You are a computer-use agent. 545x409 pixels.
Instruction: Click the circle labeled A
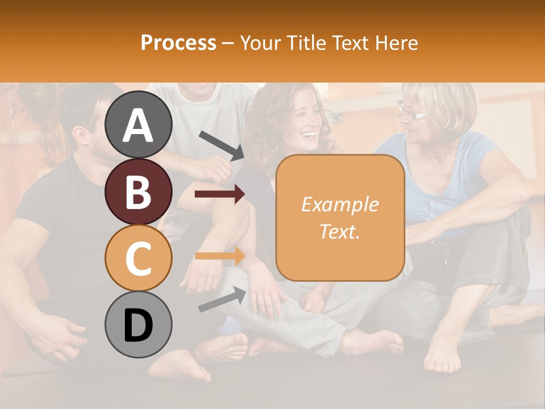(139, 124)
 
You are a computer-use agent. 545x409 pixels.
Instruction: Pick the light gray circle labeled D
(139, 324)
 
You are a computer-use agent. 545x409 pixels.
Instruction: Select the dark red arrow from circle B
(220, 195)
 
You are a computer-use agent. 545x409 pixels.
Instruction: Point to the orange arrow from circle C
(220, 256)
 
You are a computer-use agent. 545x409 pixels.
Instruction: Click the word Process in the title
(178, 43)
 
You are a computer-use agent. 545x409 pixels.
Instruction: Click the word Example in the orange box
(339, 204)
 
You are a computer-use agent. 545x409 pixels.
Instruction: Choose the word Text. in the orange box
(339, 231)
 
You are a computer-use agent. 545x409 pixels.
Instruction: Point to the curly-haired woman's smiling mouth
(309, 135)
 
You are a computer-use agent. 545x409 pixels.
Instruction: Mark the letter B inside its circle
(139, 192)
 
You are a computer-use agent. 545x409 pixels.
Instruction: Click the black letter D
(139, 325)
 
